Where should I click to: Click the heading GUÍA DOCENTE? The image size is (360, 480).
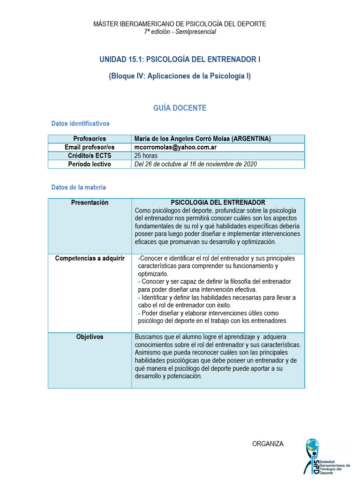pyautogui.click(x=180, y=108)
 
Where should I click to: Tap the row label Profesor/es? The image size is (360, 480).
pyautogui.click(x=90, y=139)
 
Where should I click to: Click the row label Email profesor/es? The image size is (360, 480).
pyautogui.click(x=90, y=147)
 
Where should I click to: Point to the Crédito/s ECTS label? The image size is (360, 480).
pyautogui.click(x=90, y=156)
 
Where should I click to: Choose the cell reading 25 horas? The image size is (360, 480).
pyautogui.click(x=146, y=156)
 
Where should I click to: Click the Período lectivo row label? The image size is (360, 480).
pyautogui.click(x=90, y=164)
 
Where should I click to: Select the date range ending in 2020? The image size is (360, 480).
pyautogui.click(x=195, y=164)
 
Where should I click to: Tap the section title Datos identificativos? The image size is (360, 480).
pyautogui.click(x=80, y=124)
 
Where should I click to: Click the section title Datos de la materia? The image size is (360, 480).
pyautogui.click(x=78, y=187)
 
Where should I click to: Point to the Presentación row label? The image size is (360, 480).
pyautogui.click(x=90, y=202)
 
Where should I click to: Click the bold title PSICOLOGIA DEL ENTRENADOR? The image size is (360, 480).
pyautogui.click(x=218, y=202)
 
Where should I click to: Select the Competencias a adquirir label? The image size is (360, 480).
pyautogui.click(x=90, y=258)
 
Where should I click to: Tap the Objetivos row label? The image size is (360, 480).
pyautogui.click(x=90, y=337)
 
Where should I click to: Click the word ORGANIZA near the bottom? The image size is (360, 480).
pyautogui.click(x=268, y=444)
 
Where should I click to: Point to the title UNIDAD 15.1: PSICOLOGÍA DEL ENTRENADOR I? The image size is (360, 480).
pyautogui.click(x=180, y=60)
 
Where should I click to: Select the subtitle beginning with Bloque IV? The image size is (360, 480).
pyautogui.click(x=180, y=76)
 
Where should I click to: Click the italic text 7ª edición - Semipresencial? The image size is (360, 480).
pyautogui.click(x=180, y=31)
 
